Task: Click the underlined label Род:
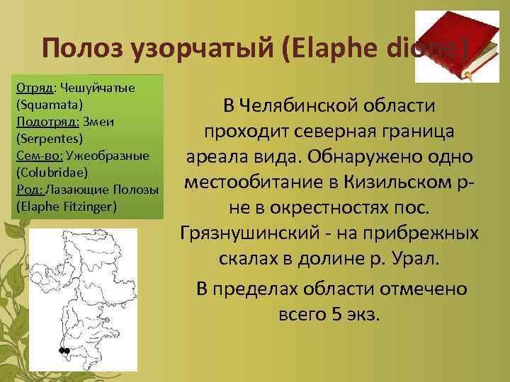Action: click(27, 190)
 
